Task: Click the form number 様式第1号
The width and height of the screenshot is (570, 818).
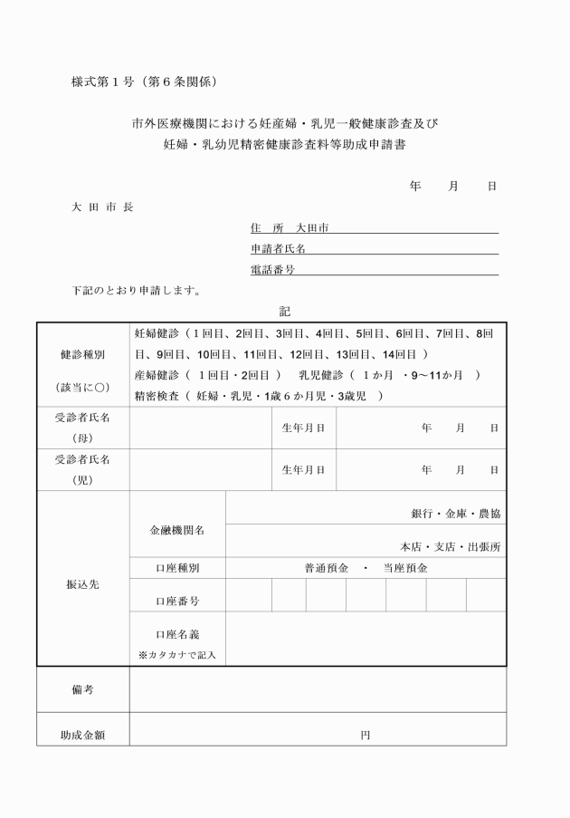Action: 103,82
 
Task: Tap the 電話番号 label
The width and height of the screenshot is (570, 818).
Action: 272,270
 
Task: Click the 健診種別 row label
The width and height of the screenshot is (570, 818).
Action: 83,355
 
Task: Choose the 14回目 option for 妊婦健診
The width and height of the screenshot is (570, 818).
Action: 398,354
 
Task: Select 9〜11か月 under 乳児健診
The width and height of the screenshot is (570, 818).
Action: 439,375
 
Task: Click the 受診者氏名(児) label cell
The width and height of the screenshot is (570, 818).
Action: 83,470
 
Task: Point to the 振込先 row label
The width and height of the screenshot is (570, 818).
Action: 83,583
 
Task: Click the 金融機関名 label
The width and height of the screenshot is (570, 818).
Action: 177,530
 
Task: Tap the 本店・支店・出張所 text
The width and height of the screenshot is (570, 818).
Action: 451,547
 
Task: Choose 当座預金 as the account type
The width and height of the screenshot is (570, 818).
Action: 404,569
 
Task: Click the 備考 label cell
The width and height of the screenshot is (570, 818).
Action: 83,690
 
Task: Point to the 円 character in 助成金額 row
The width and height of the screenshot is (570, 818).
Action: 365,736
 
